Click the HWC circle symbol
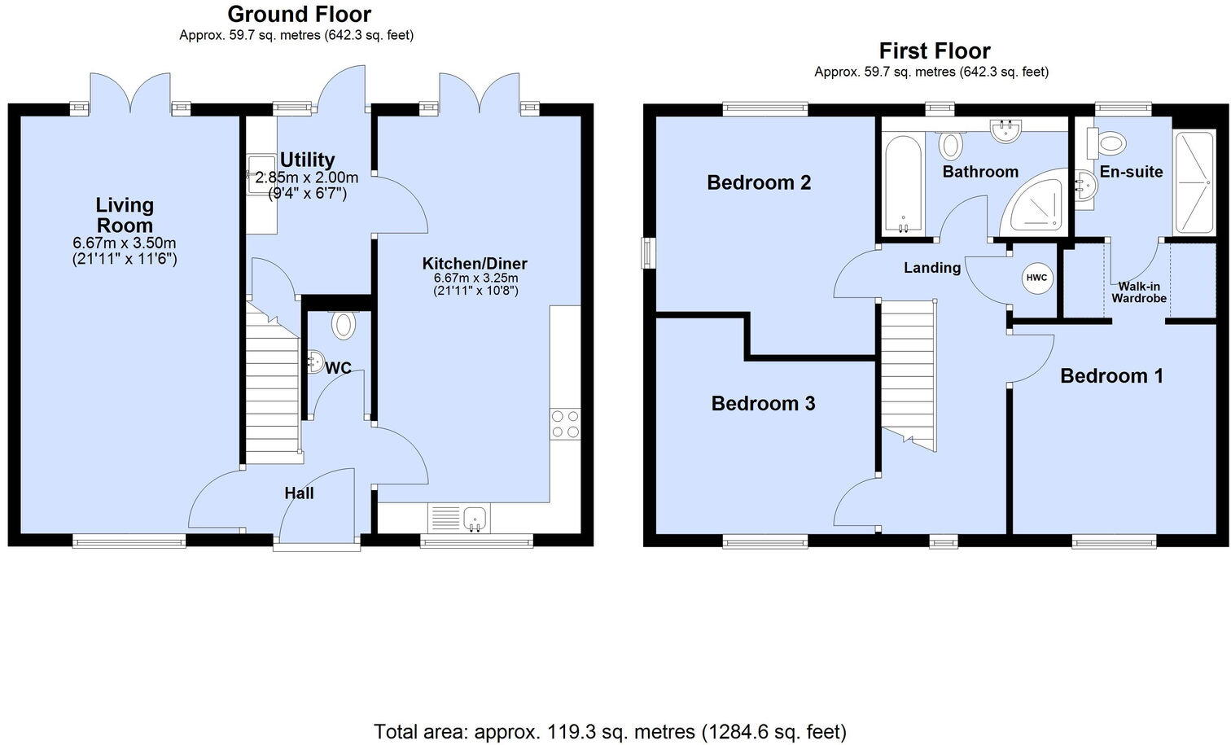[x=1036, y=278]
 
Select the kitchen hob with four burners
[x=565, y=423]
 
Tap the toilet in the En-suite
[x=1108, y=144]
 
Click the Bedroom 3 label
[x=763, y=403]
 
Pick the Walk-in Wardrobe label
[x=1139, y=292]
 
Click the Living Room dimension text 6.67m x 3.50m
[x=125, y=243]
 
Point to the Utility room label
[x=307, y=160]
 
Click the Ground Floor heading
[x=299, y=14]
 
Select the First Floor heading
[x=934, y=50]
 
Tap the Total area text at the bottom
[x=610, y=730]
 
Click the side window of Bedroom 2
[x=647, y=252]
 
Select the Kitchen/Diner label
[x=474, y=264]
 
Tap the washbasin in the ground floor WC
[x=315, y=362]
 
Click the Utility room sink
[x=261, y=173]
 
